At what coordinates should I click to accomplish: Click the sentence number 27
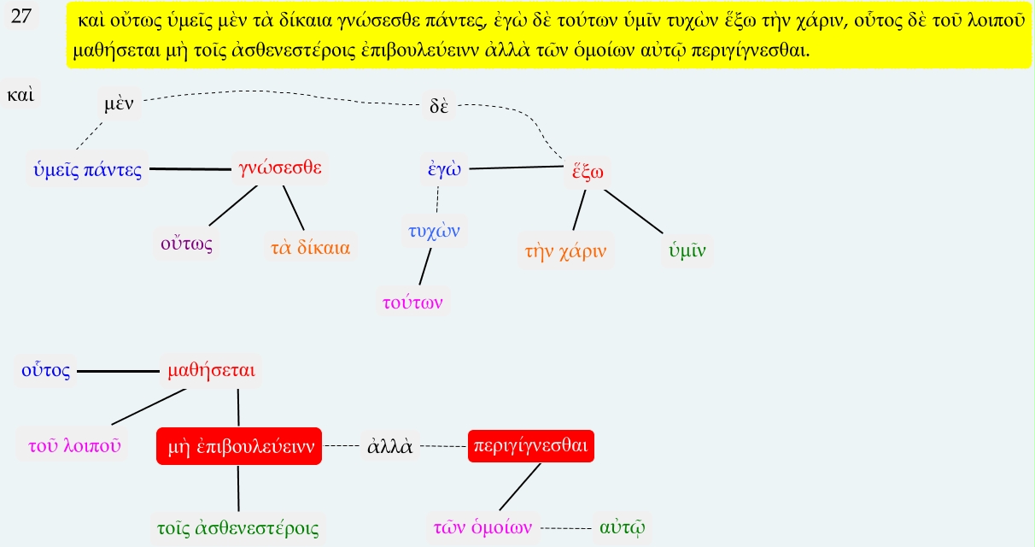point(22,17)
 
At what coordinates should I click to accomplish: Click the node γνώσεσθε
point(281,168)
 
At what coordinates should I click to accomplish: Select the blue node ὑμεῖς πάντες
point(87,169)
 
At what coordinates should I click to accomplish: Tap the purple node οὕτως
point(186,244)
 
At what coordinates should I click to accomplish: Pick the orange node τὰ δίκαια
point(310,249)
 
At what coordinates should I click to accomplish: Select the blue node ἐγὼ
point(444,168)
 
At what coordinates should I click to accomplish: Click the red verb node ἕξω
point(588,170)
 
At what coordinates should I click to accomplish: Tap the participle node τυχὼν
point(435,230)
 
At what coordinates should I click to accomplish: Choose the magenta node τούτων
point(413,301)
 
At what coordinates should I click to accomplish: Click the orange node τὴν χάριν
point(565,252)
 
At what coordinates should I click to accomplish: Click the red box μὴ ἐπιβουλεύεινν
point(238,446)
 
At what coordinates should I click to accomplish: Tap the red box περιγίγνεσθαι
point(530,446)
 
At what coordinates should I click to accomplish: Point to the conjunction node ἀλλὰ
point(389,446)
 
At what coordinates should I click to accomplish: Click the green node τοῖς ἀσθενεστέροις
point(238,527)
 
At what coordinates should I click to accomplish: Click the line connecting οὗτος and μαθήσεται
point(119,372)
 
